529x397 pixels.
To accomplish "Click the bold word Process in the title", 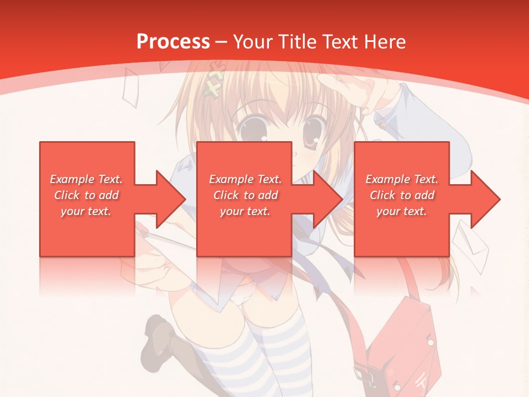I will (173, 41).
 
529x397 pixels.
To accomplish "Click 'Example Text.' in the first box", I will (86, 179).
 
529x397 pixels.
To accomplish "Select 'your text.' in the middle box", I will (245, 211).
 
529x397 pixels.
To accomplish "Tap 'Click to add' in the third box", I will (402, 195).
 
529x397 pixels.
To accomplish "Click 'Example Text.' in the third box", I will (402, 179).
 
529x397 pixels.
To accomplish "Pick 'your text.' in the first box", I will (86, 211).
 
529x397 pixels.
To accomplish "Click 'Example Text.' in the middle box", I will (245, 179).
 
